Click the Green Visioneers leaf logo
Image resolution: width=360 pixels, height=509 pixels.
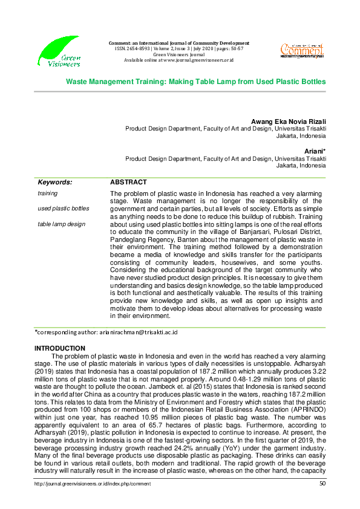pos(58,51)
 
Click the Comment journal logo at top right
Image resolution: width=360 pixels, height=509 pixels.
pos(302,50)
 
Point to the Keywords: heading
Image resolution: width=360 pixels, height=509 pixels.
pos(55,182)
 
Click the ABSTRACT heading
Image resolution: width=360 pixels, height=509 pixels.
pos(128,182)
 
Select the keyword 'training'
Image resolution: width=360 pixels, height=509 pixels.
pos(48,193)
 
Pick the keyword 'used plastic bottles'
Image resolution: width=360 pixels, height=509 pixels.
pos(63,209)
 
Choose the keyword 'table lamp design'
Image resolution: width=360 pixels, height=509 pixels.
pos(61,224)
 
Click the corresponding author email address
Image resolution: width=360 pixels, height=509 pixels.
pos(136,332)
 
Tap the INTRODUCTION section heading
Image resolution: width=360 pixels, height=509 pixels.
pos(60,349)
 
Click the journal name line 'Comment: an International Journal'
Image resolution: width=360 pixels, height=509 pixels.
pos(178,44)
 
